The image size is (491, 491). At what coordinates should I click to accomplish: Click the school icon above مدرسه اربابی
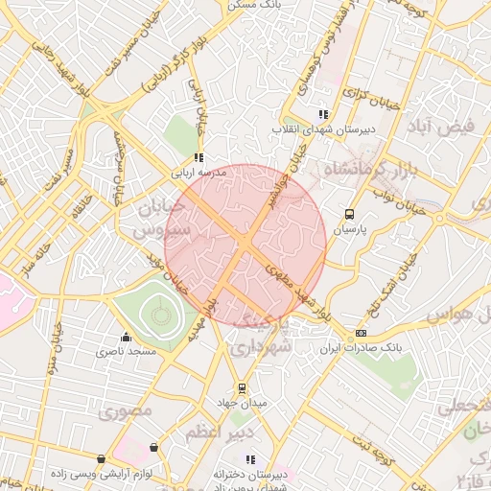coord(199,158)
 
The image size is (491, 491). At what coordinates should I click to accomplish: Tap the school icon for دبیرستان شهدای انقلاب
coord(323,114)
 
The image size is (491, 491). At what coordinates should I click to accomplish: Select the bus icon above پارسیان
coord(349,215)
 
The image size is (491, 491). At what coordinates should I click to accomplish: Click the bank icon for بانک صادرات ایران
coord(361,334)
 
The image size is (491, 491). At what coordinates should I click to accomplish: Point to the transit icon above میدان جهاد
coord(243,388)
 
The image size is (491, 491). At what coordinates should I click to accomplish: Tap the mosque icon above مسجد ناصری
coord(126,338)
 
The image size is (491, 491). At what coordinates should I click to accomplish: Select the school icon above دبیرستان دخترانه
coord(250,460)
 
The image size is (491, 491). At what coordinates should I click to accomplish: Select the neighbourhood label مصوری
coord(126,412)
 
